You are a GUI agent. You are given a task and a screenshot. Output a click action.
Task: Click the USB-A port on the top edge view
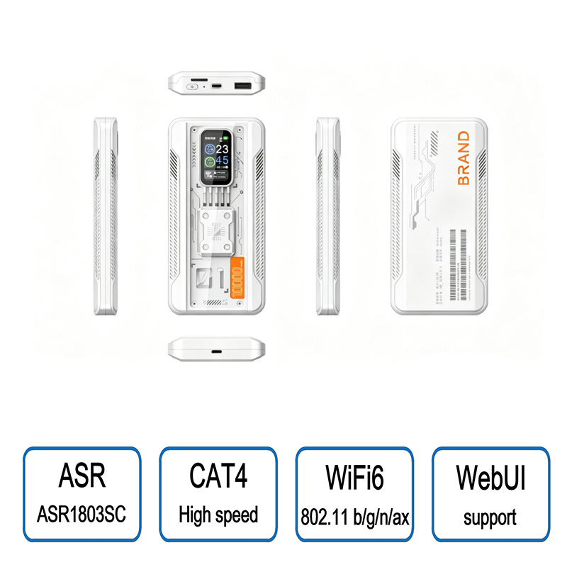pos(242,86)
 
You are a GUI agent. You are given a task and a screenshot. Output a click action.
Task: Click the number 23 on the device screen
pos(222,150)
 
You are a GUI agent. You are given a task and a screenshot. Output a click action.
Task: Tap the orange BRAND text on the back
pos(464,158)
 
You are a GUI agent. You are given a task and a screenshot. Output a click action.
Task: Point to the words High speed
pos(218,515)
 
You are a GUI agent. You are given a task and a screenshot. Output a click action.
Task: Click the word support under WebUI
pos(490,517)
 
